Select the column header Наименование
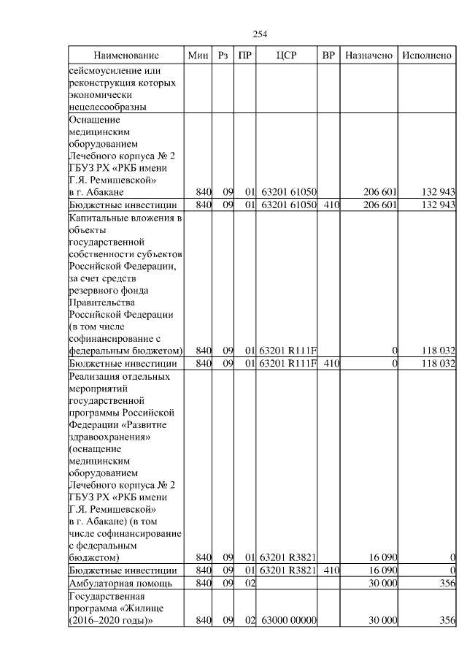click(126, 56)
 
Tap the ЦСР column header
click(287, 56)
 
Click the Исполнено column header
click(427, 56)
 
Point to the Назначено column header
click(369, 56)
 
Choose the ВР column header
click(329, 56)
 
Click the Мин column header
click(198, 56)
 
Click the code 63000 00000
click(288, 620)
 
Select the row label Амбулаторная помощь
click(120, 583)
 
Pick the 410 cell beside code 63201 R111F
click(330, 362)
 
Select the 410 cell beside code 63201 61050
click(330, 205)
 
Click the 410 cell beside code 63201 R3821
click(330, 570)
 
